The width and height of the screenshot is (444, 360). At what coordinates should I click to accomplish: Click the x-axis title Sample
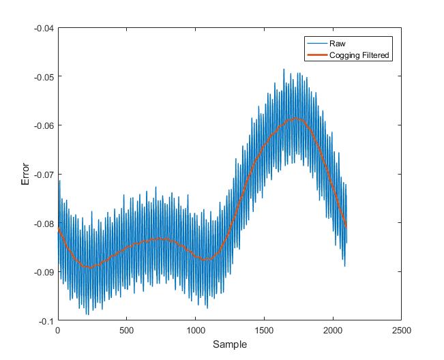coord(229,345)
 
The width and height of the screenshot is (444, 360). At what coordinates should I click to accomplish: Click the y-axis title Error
coord(26,174)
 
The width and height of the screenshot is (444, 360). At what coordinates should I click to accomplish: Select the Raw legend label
coord(337,44)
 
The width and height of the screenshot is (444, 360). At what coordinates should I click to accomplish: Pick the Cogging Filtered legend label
coord(359,55)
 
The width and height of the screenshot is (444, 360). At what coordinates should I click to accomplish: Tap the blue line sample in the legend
coord(316,44)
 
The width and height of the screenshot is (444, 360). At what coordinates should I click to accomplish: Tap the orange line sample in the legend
coord(316,55)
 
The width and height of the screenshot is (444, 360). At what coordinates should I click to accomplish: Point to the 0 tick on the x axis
coord(58,329)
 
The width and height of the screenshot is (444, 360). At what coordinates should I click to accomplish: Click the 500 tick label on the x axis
coord(126,329)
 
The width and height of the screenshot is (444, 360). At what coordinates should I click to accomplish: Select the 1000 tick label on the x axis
coord(195,329)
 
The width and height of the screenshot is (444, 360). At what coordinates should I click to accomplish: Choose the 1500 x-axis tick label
coord(264,329)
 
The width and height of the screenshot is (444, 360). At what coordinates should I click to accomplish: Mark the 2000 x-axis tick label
coord(333,329)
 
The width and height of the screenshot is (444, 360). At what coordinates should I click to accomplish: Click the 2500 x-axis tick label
coord(401,329)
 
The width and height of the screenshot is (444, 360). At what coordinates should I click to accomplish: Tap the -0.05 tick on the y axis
coord(45,76)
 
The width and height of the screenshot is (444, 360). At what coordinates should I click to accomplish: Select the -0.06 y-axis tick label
coord(45,125)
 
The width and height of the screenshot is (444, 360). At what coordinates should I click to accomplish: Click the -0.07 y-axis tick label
coord(45,175)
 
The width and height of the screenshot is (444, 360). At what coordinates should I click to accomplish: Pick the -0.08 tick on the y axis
coord(45,223)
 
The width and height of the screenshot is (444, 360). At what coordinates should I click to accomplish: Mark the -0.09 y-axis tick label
coord(45,272)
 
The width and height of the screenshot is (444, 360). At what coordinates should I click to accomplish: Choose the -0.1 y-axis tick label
coord(47,320)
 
